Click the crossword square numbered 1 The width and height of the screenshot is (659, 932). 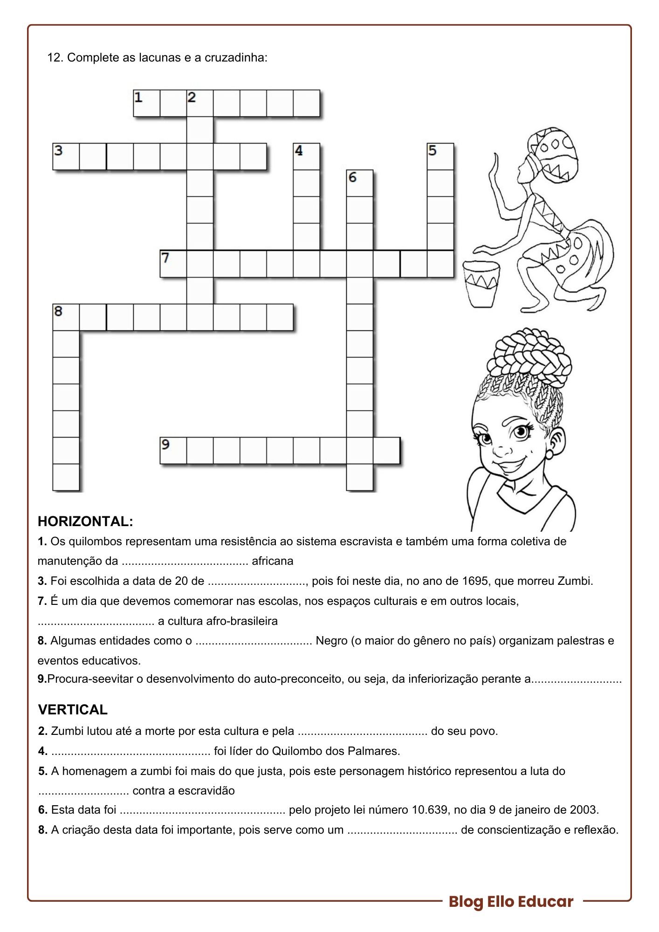[x=146, y=103]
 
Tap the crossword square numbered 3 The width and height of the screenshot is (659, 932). [x=66, y=157]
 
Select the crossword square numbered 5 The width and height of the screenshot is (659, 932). [x=440, y=157]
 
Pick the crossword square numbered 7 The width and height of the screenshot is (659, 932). [x=173, y=264]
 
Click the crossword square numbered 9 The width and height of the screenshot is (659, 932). [x=173, y=451]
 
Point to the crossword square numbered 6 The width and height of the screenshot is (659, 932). [x=360, y=183]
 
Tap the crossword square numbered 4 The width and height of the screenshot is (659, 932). [x=307, y=157]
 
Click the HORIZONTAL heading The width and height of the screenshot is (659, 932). [x=85, y=521]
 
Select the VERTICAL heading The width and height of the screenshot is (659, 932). [x=73, y=710]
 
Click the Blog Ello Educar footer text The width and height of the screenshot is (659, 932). [x=511, y=902]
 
